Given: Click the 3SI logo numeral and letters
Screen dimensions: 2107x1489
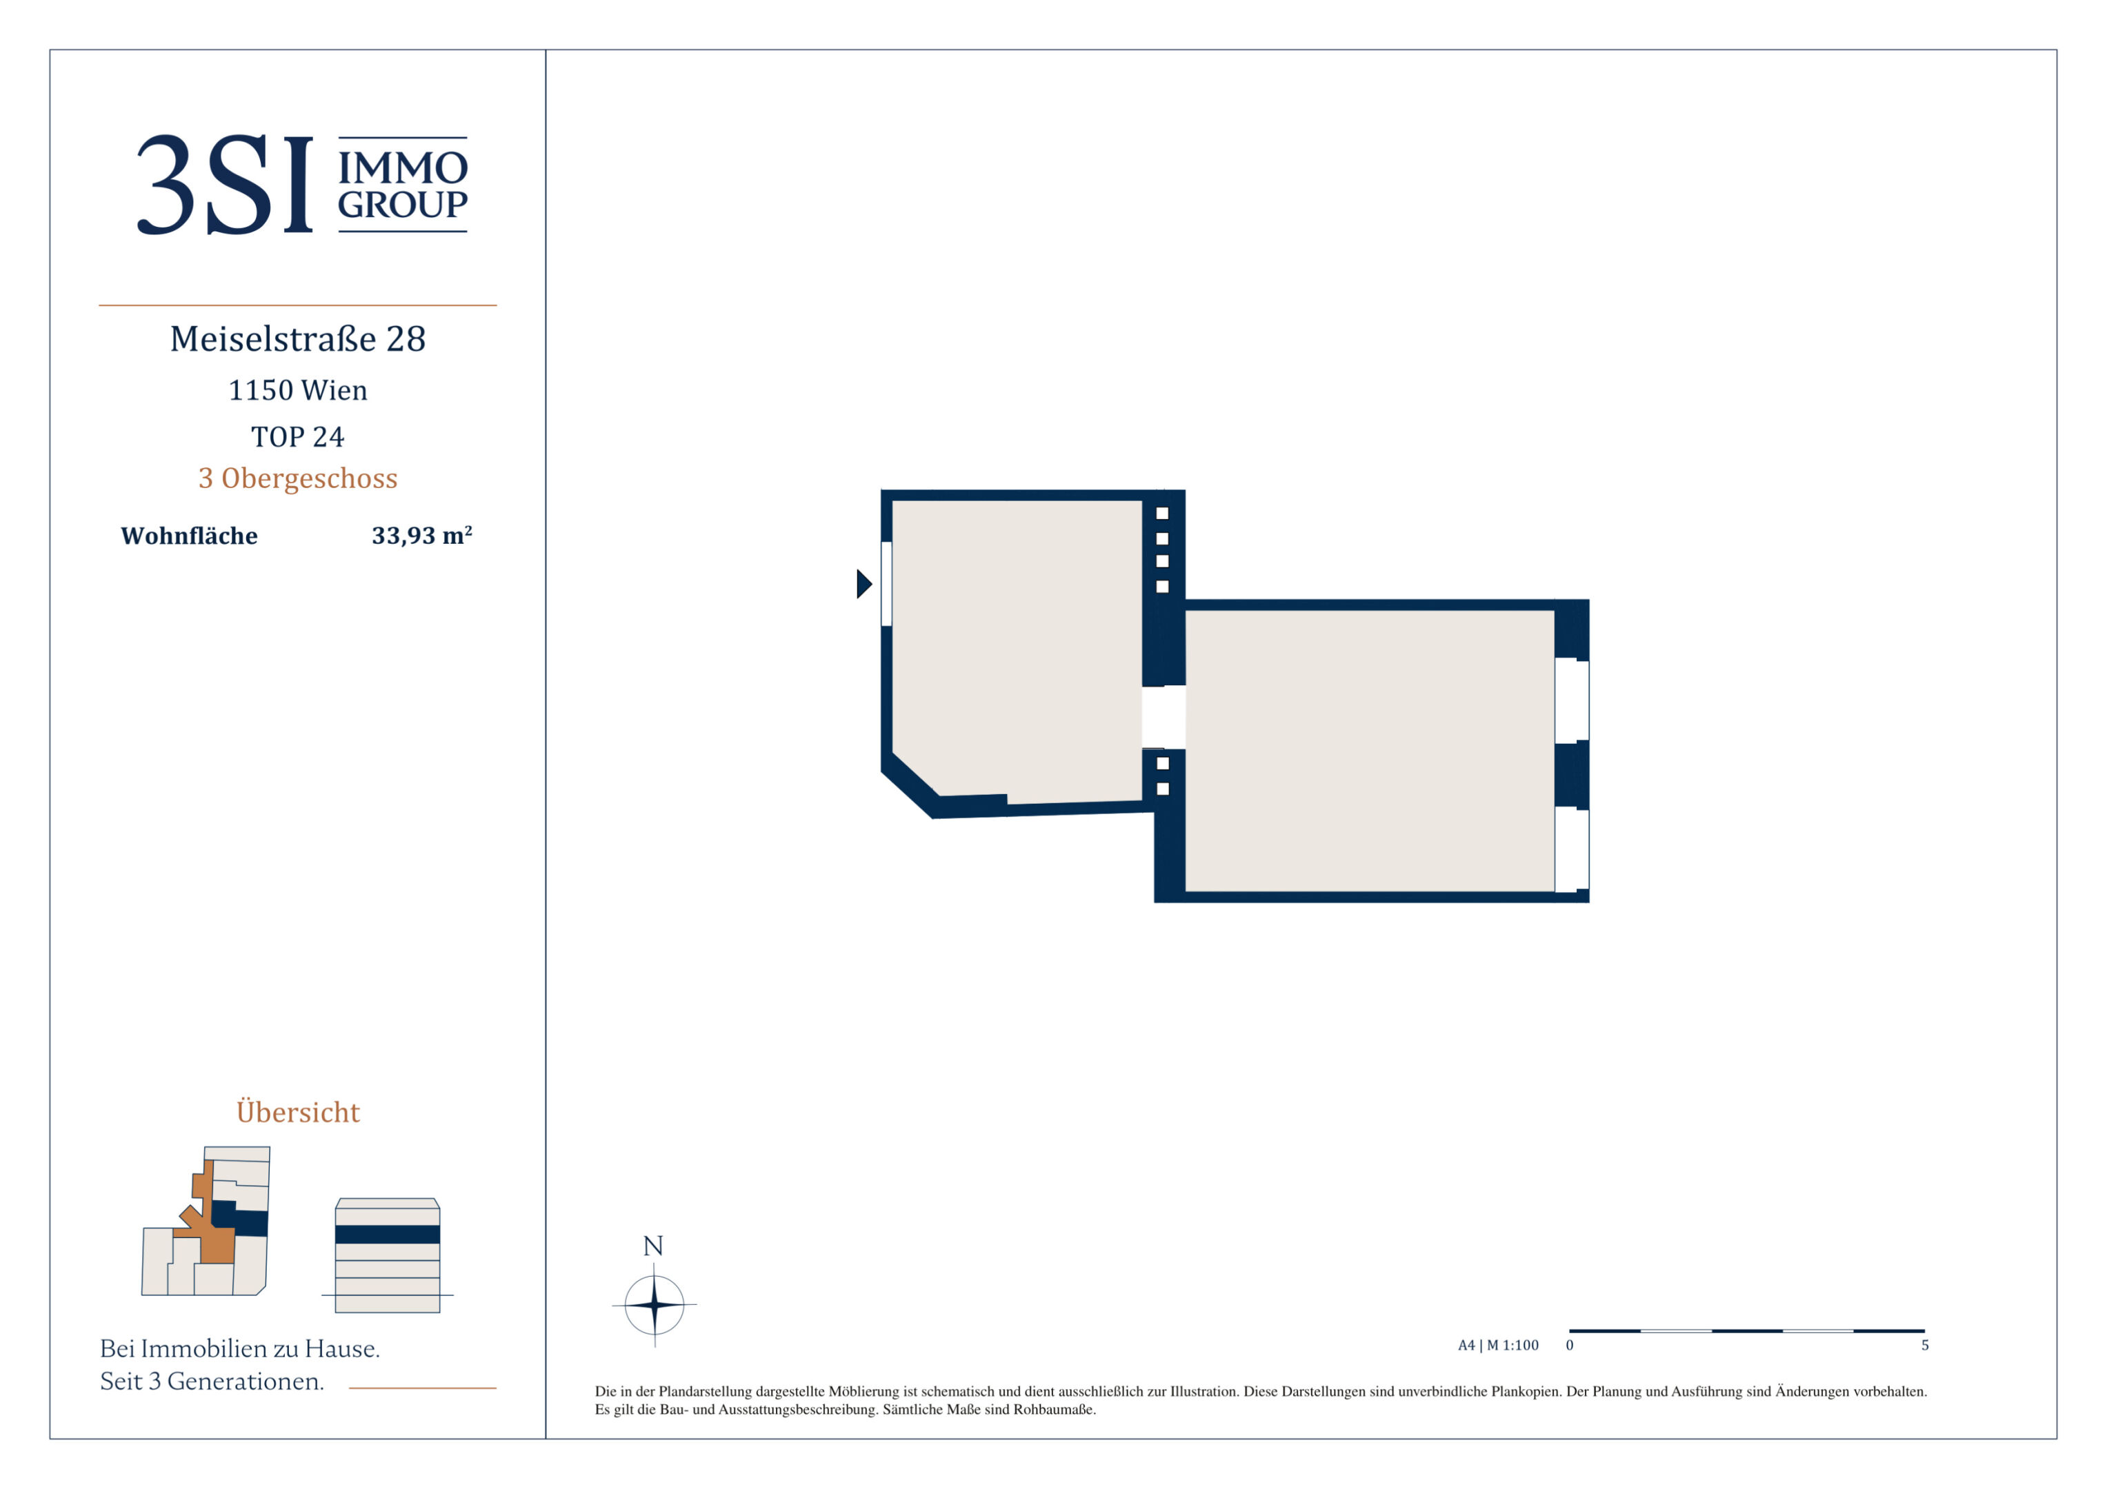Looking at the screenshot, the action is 225,185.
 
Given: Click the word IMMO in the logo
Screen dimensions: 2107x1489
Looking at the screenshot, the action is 403,168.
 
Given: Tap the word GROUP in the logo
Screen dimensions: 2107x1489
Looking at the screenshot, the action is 403,205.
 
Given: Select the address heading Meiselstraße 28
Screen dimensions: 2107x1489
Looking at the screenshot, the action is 298,338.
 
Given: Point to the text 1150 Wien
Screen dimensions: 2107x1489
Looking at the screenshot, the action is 298,390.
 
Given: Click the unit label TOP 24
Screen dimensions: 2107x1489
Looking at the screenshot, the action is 298,436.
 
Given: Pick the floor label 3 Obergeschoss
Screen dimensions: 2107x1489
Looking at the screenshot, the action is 298,478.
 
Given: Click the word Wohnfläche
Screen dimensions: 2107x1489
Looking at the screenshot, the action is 189,536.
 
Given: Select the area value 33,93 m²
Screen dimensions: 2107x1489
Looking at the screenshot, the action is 422,535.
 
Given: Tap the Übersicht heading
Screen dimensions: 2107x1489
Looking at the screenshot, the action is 298,1111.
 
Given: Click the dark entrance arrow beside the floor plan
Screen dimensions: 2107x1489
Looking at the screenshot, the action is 864,583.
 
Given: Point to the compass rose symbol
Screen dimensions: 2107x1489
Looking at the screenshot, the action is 655,1304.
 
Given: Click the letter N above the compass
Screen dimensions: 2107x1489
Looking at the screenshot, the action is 653,1246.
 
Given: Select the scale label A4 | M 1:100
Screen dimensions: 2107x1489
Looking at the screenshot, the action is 1499,1345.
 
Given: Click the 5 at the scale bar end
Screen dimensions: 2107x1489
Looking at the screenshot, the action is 1926,1345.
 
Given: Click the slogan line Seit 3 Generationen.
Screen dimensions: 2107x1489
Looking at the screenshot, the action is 212,1381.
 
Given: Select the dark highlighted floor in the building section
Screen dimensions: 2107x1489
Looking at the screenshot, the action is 388,1234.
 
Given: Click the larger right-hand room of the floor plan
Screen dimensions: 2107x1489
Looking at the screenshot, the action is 1369,751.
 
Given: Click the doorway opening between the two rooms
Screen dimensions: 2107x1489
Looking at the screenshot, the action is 1164,718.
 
